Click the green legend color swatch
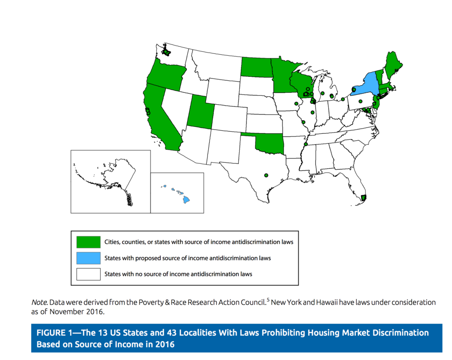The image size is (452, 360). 88,242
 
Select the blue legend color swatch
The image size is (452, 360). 88,258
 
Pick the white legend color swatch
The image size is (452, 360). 88,274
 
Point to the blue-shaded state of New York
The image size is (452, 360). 365,87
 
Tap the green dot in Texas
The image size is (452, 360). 266,175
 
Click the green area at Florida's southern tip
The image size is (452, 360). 363,197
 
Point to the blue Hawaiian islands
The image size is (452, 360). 186,199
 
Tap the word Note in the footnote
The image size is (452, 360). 39,303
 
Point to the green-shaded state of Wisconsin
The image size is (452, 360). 301,83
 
